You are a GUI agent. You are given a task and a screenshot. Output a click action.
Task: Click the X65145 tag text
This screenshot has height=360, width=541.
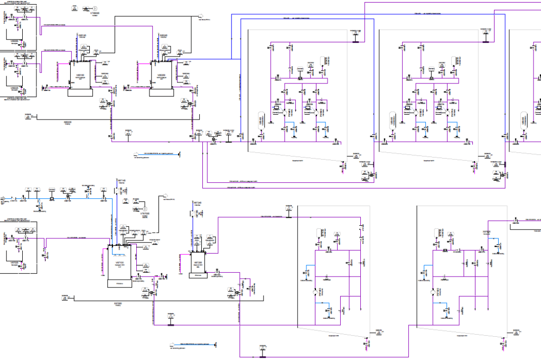[x=81, y=35]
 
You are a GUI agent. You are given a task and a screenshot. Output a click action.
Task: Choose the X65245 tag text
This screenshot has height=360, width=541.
[x=163, y=35]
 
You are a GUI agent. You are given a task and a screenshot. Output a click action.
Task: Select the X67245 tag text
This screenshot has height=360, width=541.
[x=197, y=202]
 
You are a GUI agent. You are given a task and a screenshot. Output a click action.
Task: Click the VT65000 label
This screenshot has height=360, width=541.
[x=95, y=14]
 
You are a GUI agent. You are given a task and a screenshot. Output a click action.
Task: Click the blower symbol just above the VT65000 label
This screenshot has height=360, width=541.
[x=95, y=8]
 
